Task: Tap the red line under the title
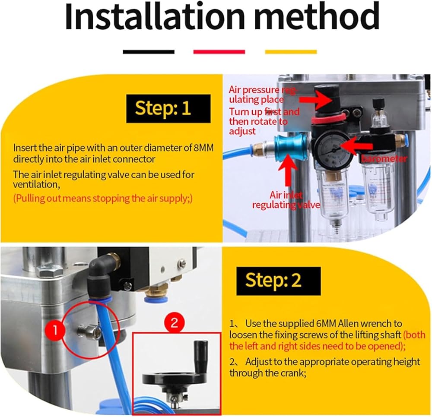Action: (x=219, y=52)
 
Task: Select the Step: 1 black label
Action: (x=168, y=108)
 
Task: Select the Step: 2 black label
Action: (x=279, y=281)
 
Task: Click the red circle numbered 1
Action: (x=55, y=329)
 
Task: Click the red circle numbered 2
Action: (x=174, y=322)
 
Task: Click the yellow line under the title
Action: (x=291, y=52)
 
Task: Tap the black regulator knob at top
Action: (x=327, y=97)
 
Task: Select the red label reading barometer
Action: (x=384, y=159)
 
